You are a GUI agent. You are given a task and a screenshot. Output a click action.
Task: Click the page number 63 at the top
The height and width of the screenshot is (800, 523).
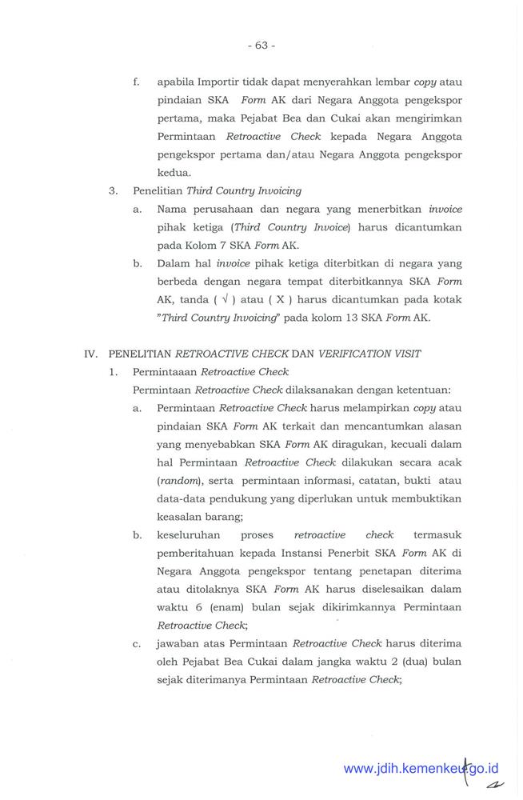(x=261, y=46)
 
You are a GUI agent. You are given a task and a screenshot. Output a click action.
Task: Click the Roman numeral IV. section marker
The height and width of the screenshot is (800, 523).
(x=94, y=354)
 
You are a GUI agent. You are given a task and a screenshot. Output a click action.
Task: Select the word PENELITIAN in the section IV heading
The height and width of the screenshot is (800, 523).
(x=140, y=354)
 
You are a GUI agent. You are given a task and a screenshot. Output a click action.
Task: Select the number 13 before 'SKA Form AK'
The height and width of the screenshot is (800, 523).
(x=361, y=318)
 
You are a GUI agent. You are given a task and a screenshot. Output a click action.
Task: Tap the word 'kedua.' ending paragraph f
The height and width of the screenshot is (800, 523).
(x=174, y=172)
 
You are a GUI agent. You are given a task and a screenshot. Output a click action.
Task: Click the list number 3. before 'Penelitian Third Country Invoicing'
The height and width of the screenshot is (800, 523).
(x=114, y=190)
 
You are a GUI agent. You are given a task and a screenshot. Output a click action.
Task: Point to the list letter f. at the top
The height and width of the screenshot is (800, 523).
(x=137, y=82)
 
